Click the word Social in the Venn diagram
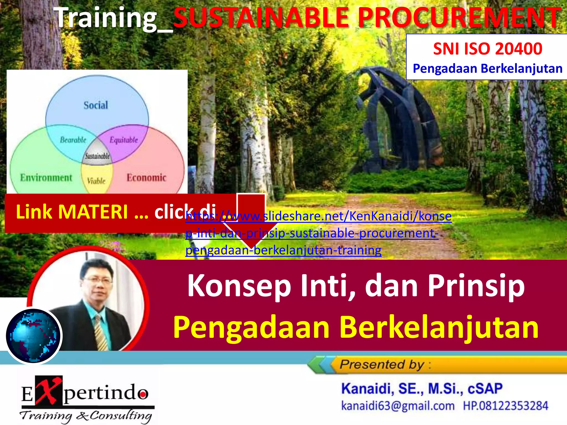96,105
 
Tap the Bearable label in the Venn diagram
73,140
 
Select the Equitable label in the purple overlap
124,140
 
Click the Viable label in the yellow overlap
96,181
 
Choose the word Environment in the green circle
46,178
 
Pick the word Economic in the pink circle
146,178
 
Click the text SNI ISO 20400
488,49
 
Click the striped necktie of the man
101,333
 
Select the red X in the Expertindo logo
49,390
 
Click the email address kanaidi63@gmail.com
398,406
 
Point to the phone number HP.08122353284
506,406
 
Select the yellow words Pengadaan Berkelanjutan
356,327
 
